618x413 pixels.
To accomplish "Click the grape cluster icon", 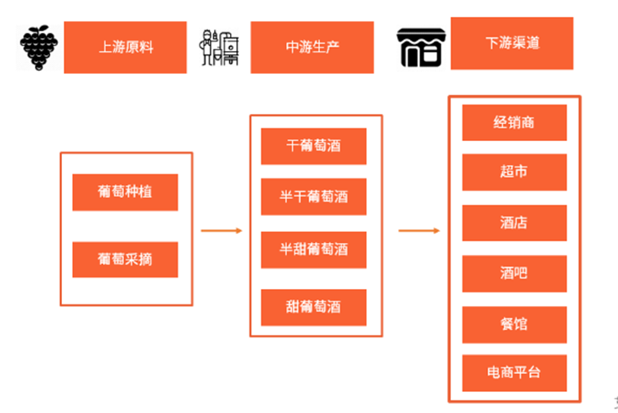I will pyautogui.click(x=37, y=47).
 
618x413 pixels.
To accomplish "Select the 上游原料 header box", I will pyautogui.click(x=125, y=47).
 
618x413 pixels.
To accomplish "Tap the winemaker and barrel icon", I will pyautogui.click(x=218, y=47).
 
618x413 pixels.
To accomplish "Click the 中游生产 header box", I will pyautogui.click(x=312, y=47).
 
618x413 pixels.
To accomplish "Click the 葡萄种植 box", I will pyautogui.click(x=125, y=192).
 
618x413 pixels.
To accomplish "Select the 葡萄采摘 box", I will pyautogui.click(x=125, y=259).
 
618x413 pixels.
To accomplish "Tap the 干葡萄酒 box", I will pyautogui.click(x=313, y=146).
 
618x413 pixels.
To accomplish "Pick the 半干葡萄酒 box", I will pyautogui.click(x=313, y=197).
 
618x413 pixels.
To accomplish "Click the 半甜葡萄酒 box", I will pyautogui.click(x=313, y=250).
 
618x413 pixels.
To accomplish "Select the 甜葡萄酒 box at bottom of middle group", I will pyautogui.click(x=313, y=307).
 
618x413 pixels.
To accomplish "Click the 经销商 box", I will pyautogui.click(x=514, y=122).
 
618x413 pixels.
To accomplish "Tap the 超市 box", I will pyautogui.click(x=514, y=172).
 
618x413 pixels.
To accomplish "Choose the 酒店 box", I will pyautogui.click(x=514, y=223).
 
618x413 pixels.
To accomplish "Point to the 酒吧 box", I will pyautogui.click(x=514, y=274).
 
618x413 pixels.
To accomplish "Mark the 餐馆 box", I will pyautogui.click(x=514, y=324).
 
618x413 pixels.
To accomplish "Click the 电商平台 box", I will pyautogui.click(x=514, y=373).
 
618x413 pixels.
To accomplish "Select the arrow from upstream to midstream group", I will pyautogui.click(x=222, y=230).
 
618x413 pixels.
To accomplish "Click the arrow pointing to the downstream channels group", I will pyautogui.click(x=419, y=230).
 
